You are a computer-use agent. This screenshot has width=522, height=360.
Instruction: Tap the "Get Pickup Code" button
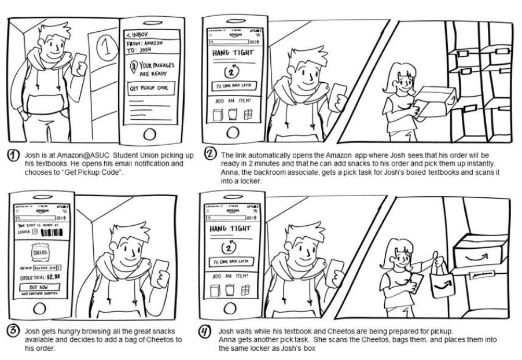pyautogui.click(x=152, y=87)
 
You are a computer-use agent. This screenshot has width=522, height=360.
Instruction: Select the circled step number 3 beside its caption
pyautogui.click(x=12, y=329)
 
